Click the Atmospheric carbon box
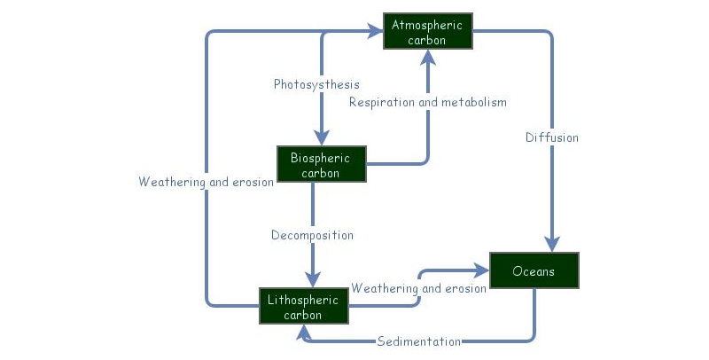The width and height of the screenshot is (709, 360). [428, 32]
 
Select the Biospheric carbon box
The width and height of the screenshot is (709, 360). [321, 165]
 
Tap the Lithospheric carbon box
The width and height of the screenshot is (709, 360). [303, 306]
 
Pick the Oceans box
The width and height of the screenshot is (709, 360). [534, 270]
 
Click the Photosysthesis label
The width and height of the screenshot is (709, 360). [316, 84]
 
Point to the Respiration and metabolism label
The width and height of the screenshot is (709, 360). [428, 102]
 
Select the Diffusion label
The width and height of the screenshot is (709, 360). [551, 137]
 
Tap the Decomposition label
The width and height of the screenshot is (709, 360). [312, 235]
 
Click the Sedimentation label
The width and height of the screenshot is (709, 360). [418, 341]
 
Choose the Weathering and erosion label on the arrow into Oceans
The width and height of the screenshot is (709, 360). [418, 288]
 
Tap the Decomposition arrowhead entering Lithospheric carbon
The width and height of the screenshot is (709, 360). [312, 278]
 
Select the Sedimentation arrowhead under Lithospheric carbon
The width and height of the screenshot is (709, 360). [304, 333]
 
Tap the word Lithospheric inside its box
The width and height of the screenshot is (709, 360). [303, 299]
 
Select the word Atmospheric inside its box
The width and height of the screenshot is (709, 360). [428, 25]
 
